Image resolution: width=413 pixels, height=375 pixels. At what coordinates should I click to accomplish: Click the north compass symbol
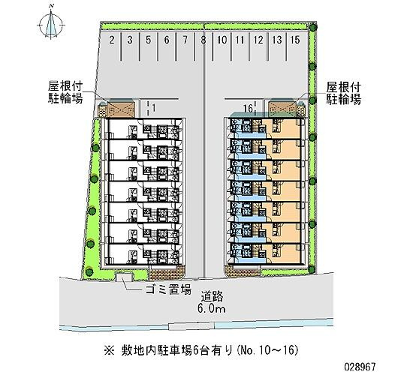click(51, 25)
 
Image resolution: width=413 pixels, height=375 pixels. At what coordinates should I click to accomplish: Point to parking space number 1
click(154, 108)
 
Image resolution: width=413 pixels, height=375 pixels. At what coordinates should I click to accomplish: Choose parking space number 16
click(248, 108)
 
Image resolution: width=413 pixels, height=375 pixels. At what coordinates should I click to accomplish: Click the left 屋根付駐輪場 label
click(65, 92)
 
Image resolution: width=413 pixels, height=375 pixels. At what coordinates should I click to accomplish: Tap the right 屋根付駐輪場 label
click(343, 94)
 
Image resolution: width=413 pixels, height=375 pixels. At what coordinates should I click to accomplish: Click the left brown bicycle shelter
click(121, 109)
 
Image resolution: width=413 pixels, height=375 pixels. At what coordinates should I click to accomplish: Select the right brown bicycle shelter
click(282, 108)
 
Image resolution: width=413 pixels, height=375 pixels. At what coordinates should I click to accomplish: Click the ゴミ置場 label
click(168, 289)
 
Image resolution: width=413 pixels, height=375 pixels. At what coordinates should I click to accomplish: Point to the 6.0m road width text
click(212, 309)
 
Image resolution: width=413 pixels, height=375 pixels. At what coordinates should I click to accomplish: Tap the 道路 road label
click(213, 296)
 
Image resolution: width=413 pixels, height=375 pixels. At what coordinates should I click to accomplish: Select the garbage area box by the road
click(124, 277)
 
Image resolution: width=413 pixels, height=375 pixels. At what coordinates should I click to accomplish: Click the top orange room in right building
click(281, 128)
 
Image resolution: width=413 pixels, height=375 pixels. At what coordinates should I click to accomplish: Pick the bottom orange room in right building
click(281, 253)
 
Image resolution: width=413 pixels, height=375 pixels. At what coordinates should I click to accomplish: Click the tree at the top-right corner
click(312, 26)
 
